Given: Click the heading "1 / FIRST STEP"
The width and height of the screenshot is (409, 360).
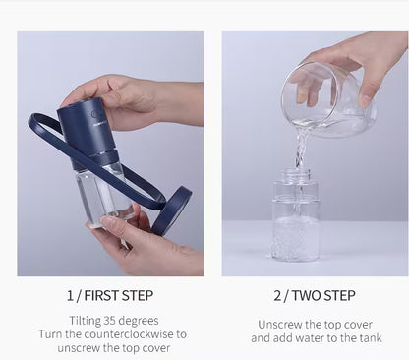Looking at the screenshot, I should click(109, 295).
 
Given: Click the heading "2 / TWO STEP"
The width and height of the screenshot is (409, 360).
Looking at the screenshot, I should click(314, 295).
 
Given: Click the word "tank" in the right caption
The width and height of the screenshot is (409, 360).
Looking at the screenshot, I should click(369, 338).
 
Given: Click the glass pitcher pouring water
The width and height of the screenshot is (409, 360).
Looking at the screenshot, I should click(324, 98).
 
